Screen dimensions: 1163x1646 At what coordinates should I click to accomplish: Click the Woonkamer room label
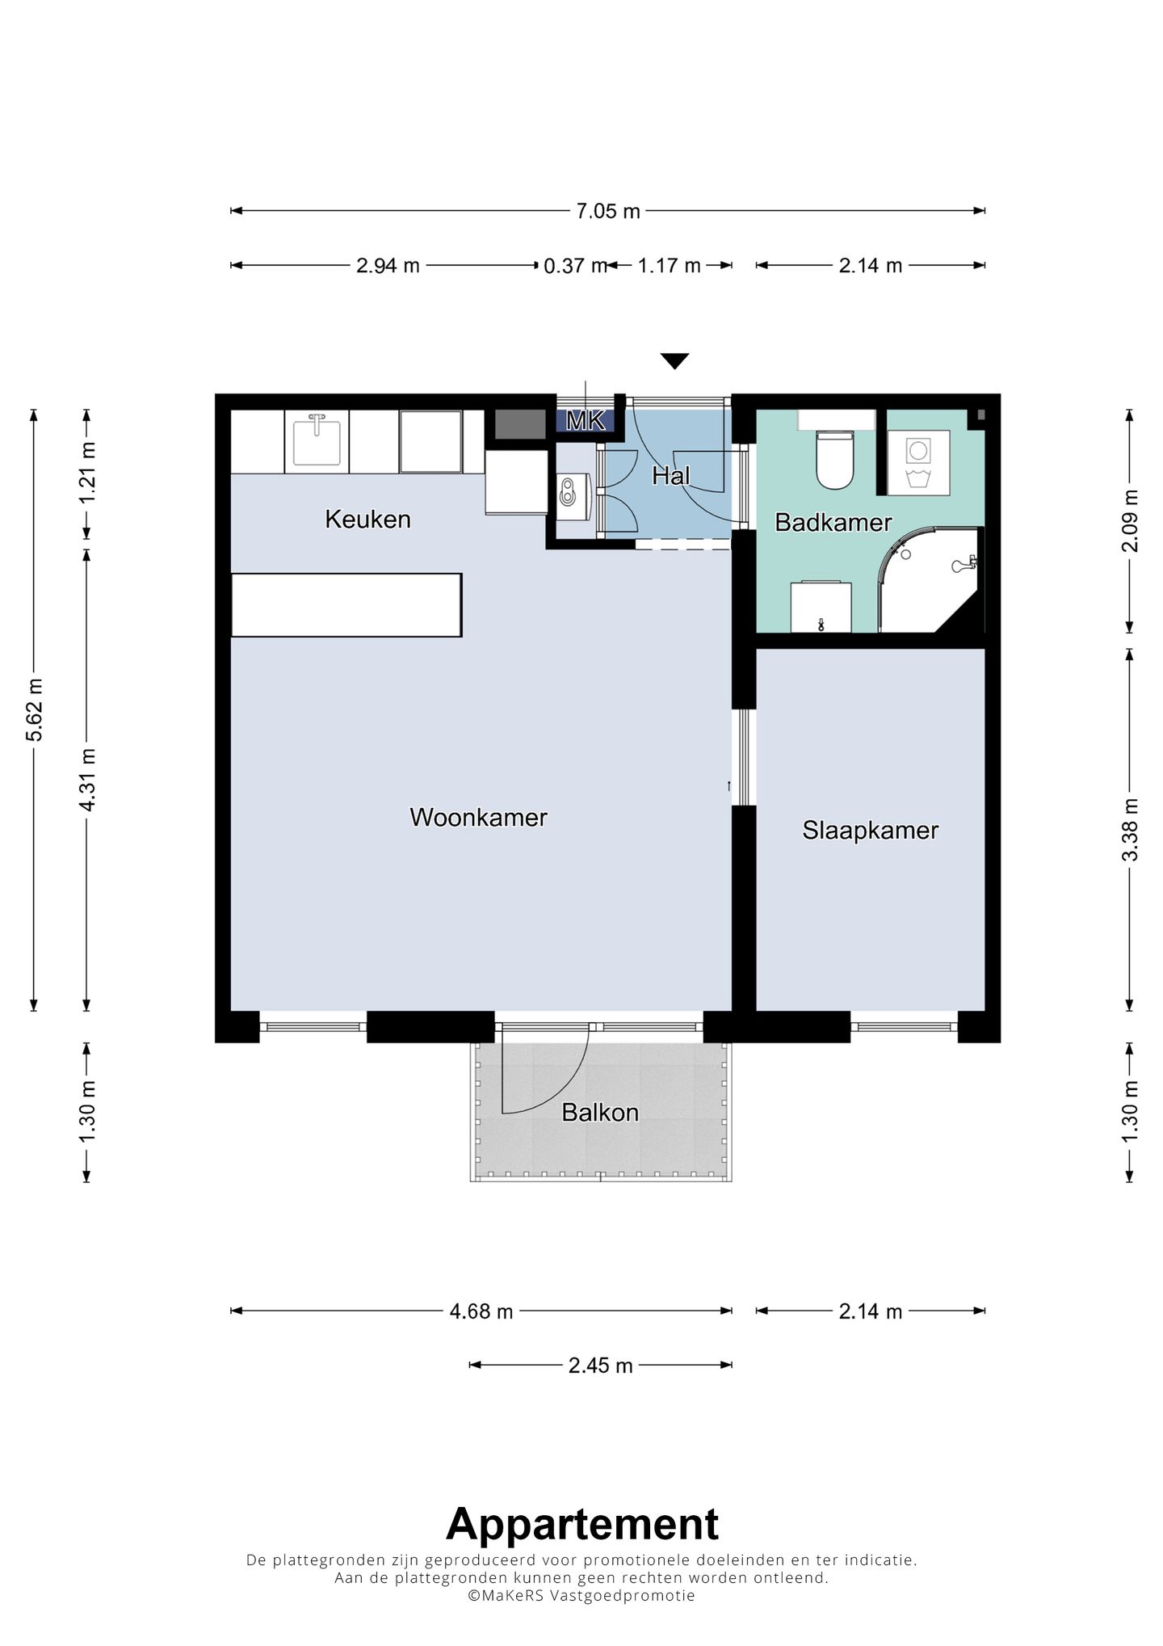478,817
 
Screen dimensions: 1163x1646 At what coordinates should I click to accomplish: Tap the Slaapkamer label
870,830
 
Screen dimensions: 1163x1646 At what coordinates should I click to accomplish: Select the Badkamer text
833,522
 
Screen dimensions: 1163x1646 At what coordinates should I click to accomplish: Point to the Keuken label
367,519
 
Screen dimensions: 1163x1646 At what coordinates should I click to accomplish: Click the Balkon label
600,1113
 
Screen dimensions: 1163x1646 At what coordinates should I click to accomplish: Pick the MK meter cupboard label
586,420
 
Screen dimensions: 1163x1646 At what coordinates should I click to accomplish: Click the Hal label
671,476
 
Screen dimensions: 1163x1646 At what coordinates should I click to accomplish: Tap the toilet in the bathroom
834,458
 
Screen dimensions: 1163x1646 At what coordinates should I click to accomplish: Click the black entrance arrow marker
674,360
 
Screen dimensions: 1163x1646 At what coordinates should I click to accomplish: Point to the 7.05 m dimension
608,211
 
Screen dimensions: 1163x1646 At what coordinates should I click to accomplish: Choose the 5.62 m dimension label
34,709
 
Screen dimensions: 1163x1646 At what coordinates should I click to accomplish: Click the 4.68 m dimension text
481,1311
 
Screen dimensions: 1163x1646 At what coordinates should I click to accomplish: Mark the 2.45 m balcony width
600,1365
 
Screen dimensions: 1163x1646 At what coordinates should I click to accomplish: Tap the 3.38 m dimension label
1130,829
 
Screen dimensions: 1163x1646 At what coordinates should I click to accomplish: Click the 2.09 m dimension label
1130,520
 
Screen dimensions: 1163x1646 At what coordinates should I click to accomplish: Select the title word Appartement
582,1524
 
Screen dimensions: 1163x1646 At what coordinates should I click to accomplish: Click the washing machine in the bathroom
918,462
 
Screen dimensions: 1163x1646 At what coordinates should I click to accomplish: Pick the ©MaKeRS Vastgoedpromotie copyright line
581,1595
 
